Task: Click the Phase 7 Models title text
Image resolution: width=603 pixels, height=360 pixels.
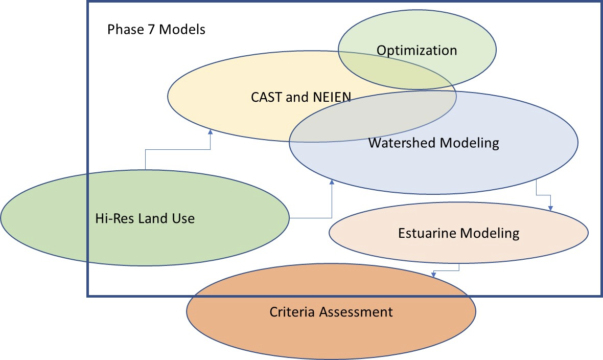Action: (x=156, y=30)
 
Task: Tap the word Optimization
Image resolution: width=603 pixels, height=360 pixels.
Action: (x=416, y=51)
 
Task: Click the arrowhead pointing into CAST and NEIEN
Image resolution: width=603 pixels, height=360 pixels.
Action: (x=211, y=132)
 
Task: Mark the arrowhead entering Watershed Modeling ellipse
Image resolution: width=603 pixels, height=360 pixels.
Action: (x=332, y=182)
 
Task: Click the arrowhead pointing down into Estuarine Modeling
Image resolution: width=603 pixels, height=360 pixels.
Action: (x=550, y=208)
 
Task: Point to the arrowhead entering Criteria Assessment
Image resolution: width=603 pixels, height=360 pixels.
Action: (x=433, y=275)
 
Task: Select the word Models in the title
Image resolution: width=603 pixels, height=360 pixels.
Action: (x=182, y=30)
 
